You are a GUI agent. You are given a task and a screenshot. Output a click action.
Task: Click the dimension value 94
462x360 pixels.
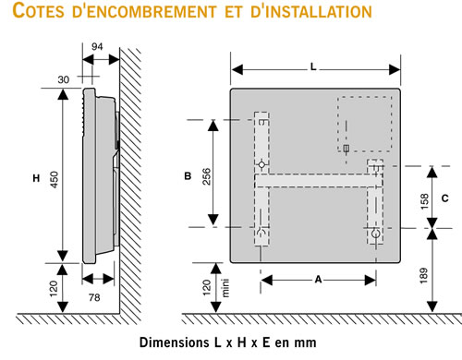click(x=97, y=47)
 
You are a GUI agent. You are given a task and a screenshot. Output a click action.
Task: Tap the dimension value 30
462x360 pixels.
click(x=64, y=79)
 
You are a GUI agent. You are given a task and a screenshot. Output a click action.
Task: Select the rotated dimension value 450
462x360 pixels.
click(x=54, y=180)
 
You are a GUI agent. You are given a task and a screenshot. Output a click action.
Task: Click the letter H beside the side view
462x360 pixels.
click(x=36, y=178)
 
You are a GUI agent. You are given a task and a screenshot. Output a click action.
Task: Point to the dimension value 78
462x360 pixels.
click(x=94, y=297)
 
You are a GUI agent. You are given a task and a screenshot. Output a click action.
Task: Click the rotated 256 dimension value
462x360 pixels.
click(x=207, y=176)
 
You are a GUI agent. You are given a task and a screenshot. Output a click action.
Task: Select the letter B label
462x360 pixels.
click(x=188, y=176)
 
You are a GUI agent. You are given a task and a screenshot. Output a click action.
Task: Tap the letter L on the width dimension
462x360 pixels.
click(x=313, y=66)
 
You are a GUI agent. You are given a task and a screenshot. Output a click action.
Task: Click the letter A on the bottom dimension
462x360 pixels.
click(x=318, y=280)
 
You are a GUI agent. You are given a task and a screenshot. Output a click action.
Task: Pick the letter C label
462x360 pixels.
click(x=444, y=198)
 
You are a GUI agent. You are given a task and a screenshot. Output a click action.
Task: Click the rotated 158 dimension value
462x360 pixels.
click(x=424, y=201)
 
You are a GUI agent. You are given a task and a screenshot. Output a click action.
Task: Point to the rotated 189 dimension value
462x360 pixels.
click(x=424, y=276)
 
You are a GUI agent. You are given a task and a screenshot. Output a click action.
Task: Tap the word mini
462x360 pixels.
click(x=225, y=288)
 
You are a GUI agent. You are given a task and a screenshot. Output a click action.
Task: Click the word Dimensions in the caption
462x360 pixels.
click(x=174, y=342)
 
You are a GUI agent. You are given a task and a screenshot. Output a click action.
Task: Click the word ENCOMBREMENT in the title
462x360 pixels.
click(x=144, y=11)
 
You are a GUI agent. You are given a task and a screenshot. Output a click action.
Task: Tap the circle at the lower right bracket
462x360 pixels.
click(x=375, y=234)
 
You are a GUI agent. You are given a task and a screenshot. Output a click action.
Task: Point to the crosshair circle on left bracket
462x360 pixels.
click(x=261, y=165)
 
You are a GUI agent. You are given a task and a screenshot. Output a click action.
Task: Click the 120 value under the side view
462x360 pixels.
click(x=54, y=289)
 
